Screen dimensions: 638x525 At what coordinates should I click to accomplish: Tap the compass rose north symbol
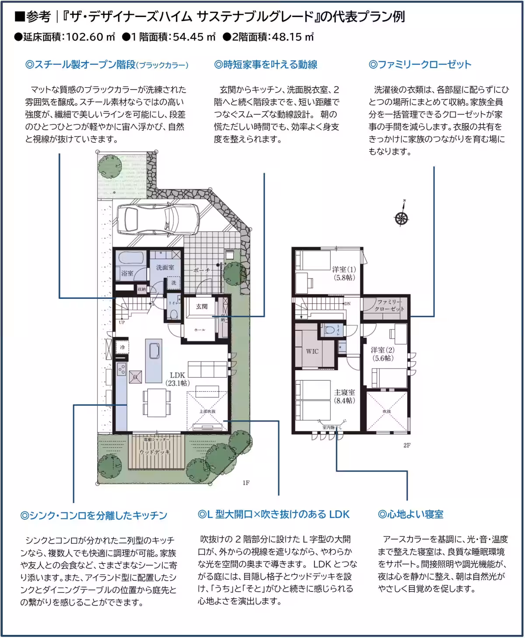(x=401, y=217)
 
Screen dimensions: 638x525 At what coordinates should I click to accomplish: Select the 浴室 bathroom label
(x=127, y=273)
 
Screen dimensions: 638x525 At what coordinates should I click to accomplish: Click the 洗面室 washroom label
(x=165, y=267)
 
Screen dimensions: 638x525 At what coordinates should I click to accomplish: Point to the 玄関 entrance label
(x=202, y=307)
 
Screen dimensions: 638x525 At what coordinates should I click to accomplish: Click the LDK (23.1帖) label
(x=178, y=379)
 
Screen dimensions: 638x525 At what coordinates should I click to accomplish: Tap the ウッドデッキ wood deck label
(x=154, y=452)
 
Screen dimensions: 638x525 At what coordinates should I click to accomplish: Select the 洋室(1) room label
(x=344, y=273)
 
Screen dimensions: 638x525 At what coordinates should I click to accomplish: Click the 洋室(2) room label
(x=383, y=354)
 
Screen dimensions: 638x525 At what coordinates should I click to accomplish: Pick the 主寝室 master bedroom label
(x=344, y=396)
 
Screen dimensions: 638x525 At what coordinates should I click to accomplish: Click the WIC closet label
(x=312, y=351)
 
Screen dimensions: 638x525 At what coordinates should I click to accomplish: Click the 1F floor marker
(x=246, y=483)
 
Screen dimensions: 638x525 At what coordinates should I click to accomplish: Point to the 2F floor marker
(x=406, y=446)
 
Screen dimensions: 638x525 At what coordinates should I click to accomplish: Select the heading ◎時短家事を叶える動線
(x=266, y=65)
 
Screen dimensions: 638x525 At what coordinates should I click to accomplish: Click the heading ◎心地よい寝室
(x=410, y=514)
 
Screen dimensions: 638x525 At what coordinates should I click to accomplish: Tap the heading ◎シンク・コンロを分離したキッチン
(x=94, y=515)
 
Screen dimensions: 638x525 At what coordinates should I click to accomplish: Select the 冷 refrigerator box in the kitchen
(x=122, y=347)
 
